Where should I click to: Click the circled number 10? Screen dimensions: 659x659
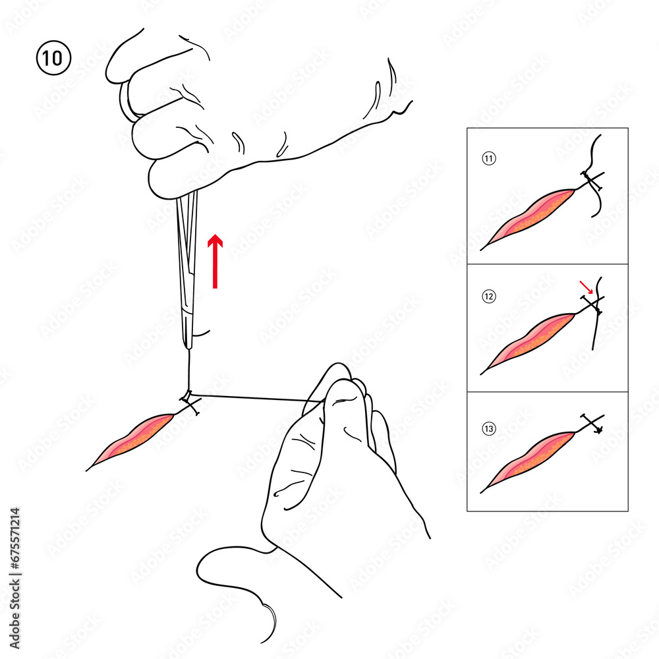click(53, 58)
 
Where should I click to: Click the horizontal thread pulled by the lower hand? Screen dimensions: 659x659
click(250, 397)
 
